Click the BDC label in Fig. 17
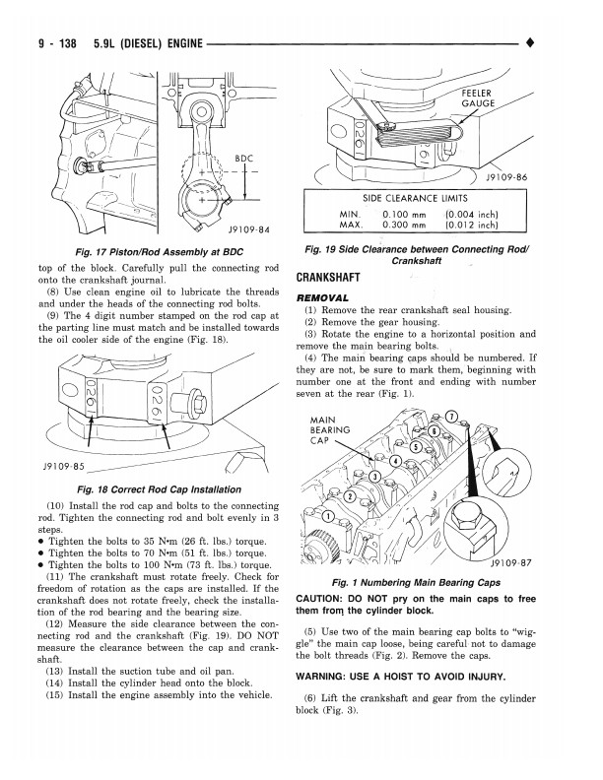[244, 158]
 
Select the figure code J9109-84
[248, 230]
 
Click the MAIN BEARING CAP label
[324, 430]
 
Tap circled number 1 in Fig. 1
[326, 515]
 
